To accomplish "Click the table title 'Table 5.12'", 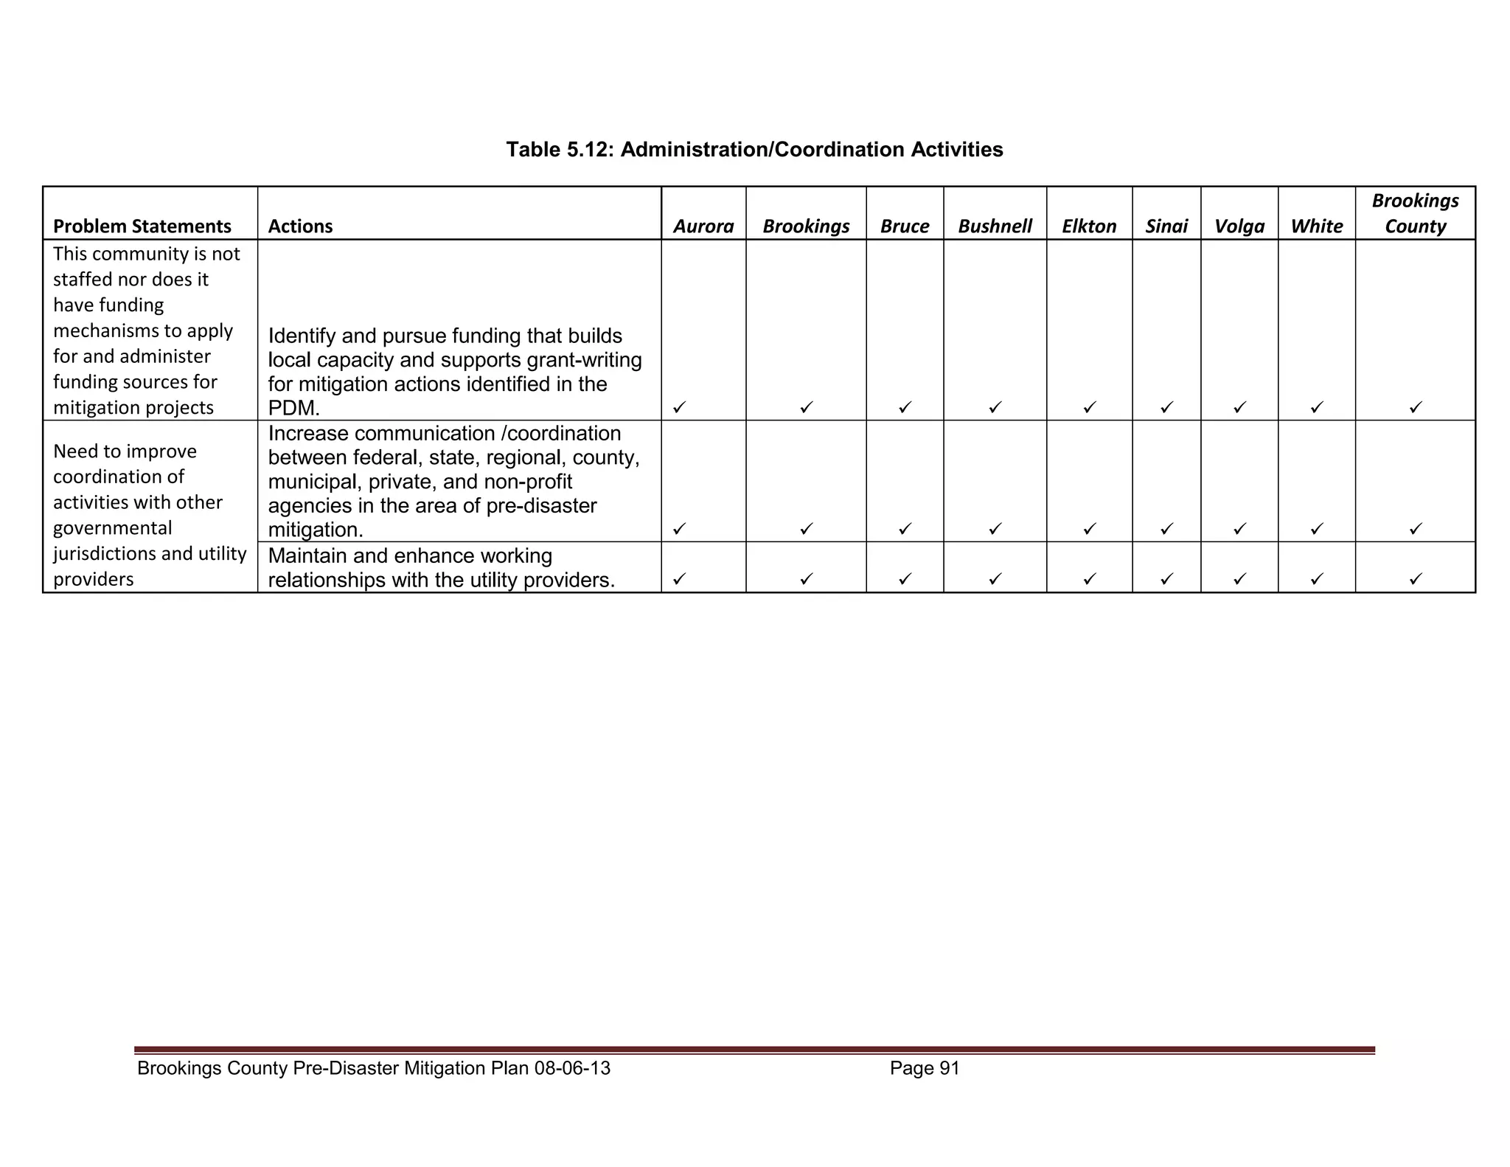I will [x=754, y=150].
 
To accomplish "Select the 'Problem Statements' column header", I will [x=142, y=226].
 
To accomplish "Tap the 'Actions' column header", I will [x=300, y=226].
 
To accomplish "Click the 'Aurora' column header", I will [x=703, y=226].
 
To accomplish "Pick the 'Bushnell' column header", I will [x=995, y=226].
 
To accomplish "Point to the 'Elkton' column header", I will [x=1089, y=226].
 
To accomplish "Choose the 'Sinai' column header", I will [x=1166, y=226].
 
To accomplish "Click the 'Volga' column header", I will [x=1239, y=226].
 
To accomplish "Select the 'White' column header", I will [x=1316, y=226].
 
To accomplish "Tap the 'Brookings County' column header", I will [x=1415, y=213].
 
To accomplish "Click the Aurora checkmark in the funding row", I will [x=680, y=406].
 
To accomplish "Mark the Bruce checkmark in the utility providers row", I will [x=905, y=579].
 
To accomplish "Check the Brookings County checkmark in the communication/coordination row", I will [x=1415, y=528].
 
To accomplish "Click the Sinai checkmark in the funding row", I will [x=1166, y=406].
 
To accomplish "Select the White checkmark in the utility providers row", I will [x=1316, y=579].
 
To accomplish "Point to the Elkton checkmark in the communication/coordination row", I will [x=1089, y=528].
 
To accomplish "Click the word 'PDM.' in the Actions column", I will [x=293, y=408].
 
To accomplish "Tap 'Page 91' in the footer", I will [x=925, y=1068].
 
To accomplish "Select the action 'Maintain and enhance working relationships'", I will [x=441, y=568].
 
